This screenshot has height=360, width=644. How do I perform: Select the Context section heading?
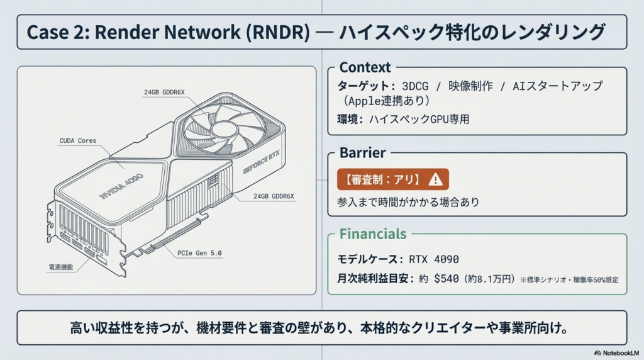365,67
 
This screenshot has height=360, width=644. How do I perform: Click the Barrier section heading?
362,153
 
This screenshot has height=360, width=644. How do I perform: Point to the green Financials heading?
373,234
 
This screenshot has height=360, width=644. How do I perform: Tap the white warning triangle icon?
435,179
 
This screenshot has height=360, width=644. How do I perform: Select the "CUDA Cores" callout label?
78,141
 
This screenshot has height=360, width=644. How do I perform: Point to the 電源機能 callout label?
61,267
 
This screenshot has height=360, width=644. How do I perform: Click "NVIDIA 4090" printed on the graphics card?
121,187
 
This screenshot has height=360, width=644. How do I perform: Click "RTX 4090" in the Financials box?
433,259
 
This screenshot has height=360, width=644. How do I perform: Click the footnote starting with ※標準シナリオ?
569,279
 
